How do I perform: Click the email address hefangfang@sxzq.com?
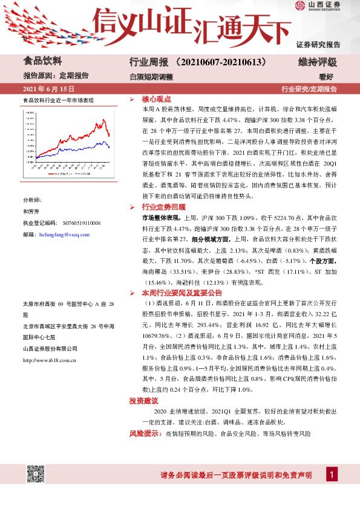point(64,235)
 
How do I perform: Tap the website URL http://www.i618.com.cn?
point(48,360)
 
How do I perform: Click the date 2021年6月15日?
point(44,89)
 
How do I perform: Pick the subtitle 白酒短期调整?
point(151,77)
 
